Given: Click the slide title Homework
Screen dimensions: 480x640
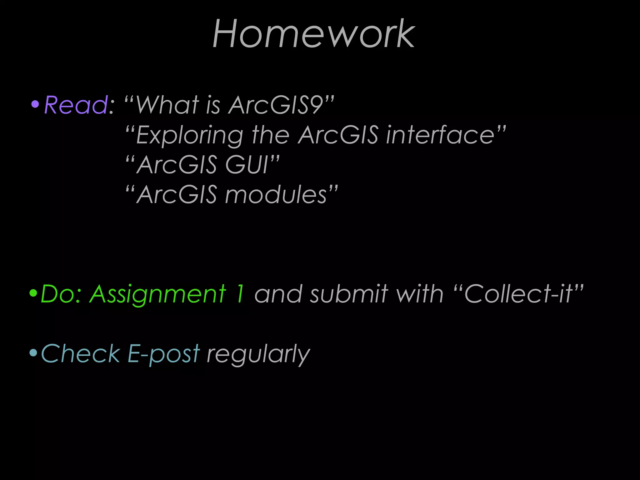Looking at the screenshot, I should pyautogui.click(x=314, y=34).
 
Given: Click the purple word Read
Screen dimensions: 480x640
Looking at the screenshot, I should pyautogui.click(x=76, y=105).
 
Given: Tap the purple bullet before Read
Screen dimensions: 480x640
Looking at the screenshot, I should pyautogui.click(x=35, y=104).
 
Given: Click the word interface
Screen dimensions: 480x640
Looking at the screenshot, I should pyautogui.click(x=440, y=135).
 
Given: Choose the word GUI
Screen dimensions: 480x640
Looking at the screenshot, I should pyautogui.click(x=247, y=165).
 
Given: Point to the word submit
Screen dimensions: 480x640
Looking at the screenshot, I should pyautogui.click(x=349, y=294).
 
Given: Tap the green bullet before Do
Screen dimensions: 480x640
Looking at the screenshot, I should pyautogui.click(x=33, y=293).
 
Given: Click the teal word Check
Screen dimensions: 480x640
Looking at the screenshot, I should pyautogui.click(x=81, y=354).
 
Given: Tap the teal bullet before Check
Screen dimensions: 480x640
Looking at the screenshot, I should pyautogui.click(x=33, y=353).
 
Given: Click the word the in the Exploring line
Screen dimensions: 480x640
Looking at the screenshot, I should pyautogui.click(x=271, y=135).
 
